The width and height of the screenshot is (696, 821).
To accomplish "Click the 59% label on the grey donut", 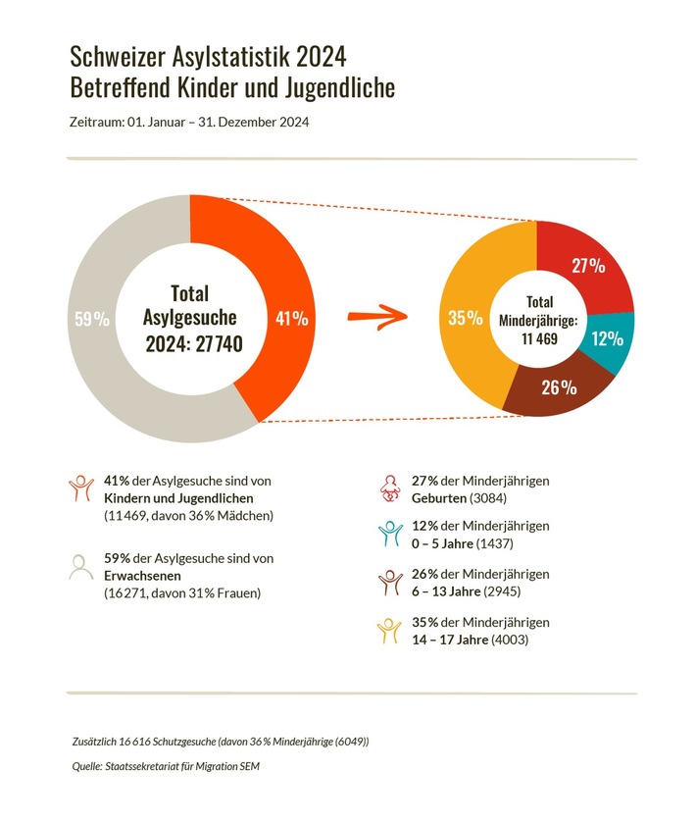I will [x=91, y=319].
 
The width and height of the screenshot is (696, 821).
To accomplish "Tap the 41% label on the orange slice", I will [x=292, y=319].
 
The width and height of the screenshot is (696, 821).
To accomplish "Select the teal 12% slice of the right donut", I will [x=607, y=338].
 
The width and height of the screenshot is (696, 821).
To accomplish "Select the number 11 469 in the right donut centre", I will [x=539, y=337].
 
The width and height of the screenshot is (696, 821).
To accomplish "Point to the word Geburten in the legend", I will [x=439, y=498].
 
